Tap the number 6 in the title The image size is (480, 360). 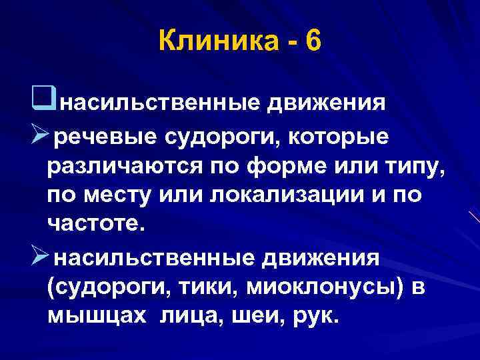point(313,42)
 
